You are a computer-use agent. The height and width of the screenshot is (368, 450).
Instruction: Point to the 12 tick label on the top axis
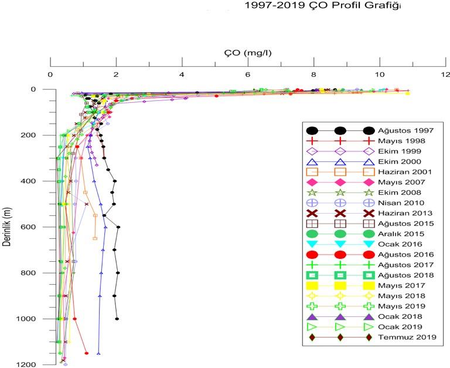click(x=446, y=75)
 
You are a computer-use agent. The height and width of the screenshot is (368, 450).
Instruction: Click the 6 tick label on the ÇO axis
click(x=248, y=75)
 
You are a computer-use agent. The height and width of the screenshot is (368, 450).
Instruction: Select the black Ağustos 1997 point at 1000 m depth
click(x=117, y=319)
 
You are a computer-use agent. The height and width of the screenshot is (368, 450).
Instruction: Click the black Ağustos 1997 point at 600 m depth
click(x=118, y=227)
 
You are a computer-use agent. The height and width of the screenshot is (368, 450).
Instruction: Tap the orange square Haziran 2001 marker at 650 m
click(x=95, y=238)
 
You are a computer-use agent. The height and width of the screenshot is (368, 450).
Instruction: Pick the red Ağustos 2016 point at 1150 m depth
click(x=87, y=353)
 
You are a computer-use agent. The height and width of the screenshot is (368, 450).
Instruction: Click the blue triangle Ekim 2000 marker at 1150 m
click(x=98, y=353)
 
